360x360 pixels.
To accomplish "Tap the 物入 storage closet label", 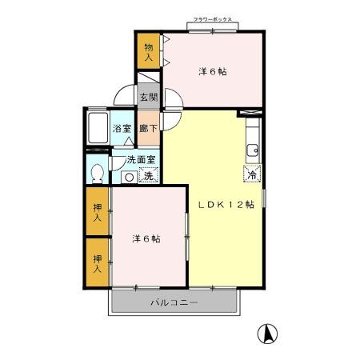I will click(149, 53).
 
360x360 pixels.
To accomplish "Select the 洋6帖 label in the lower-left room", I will click(146, 238).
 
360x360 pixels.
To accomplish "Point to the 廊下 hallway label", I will click(148, 128).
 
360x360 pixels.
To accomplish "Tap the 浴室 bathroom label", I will click(122, 128).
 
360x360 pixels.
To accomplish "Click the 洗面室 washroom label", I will click(141, 159).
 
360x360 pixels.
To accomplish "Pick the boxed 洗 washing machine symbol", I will click(148, 175).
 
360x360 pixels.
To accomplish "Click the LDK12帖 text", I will click(226, 205).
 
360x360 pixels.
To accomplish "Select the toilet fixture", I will click(98, 172).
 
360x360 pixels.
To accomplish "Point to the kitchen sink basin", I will click(252, 149).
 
